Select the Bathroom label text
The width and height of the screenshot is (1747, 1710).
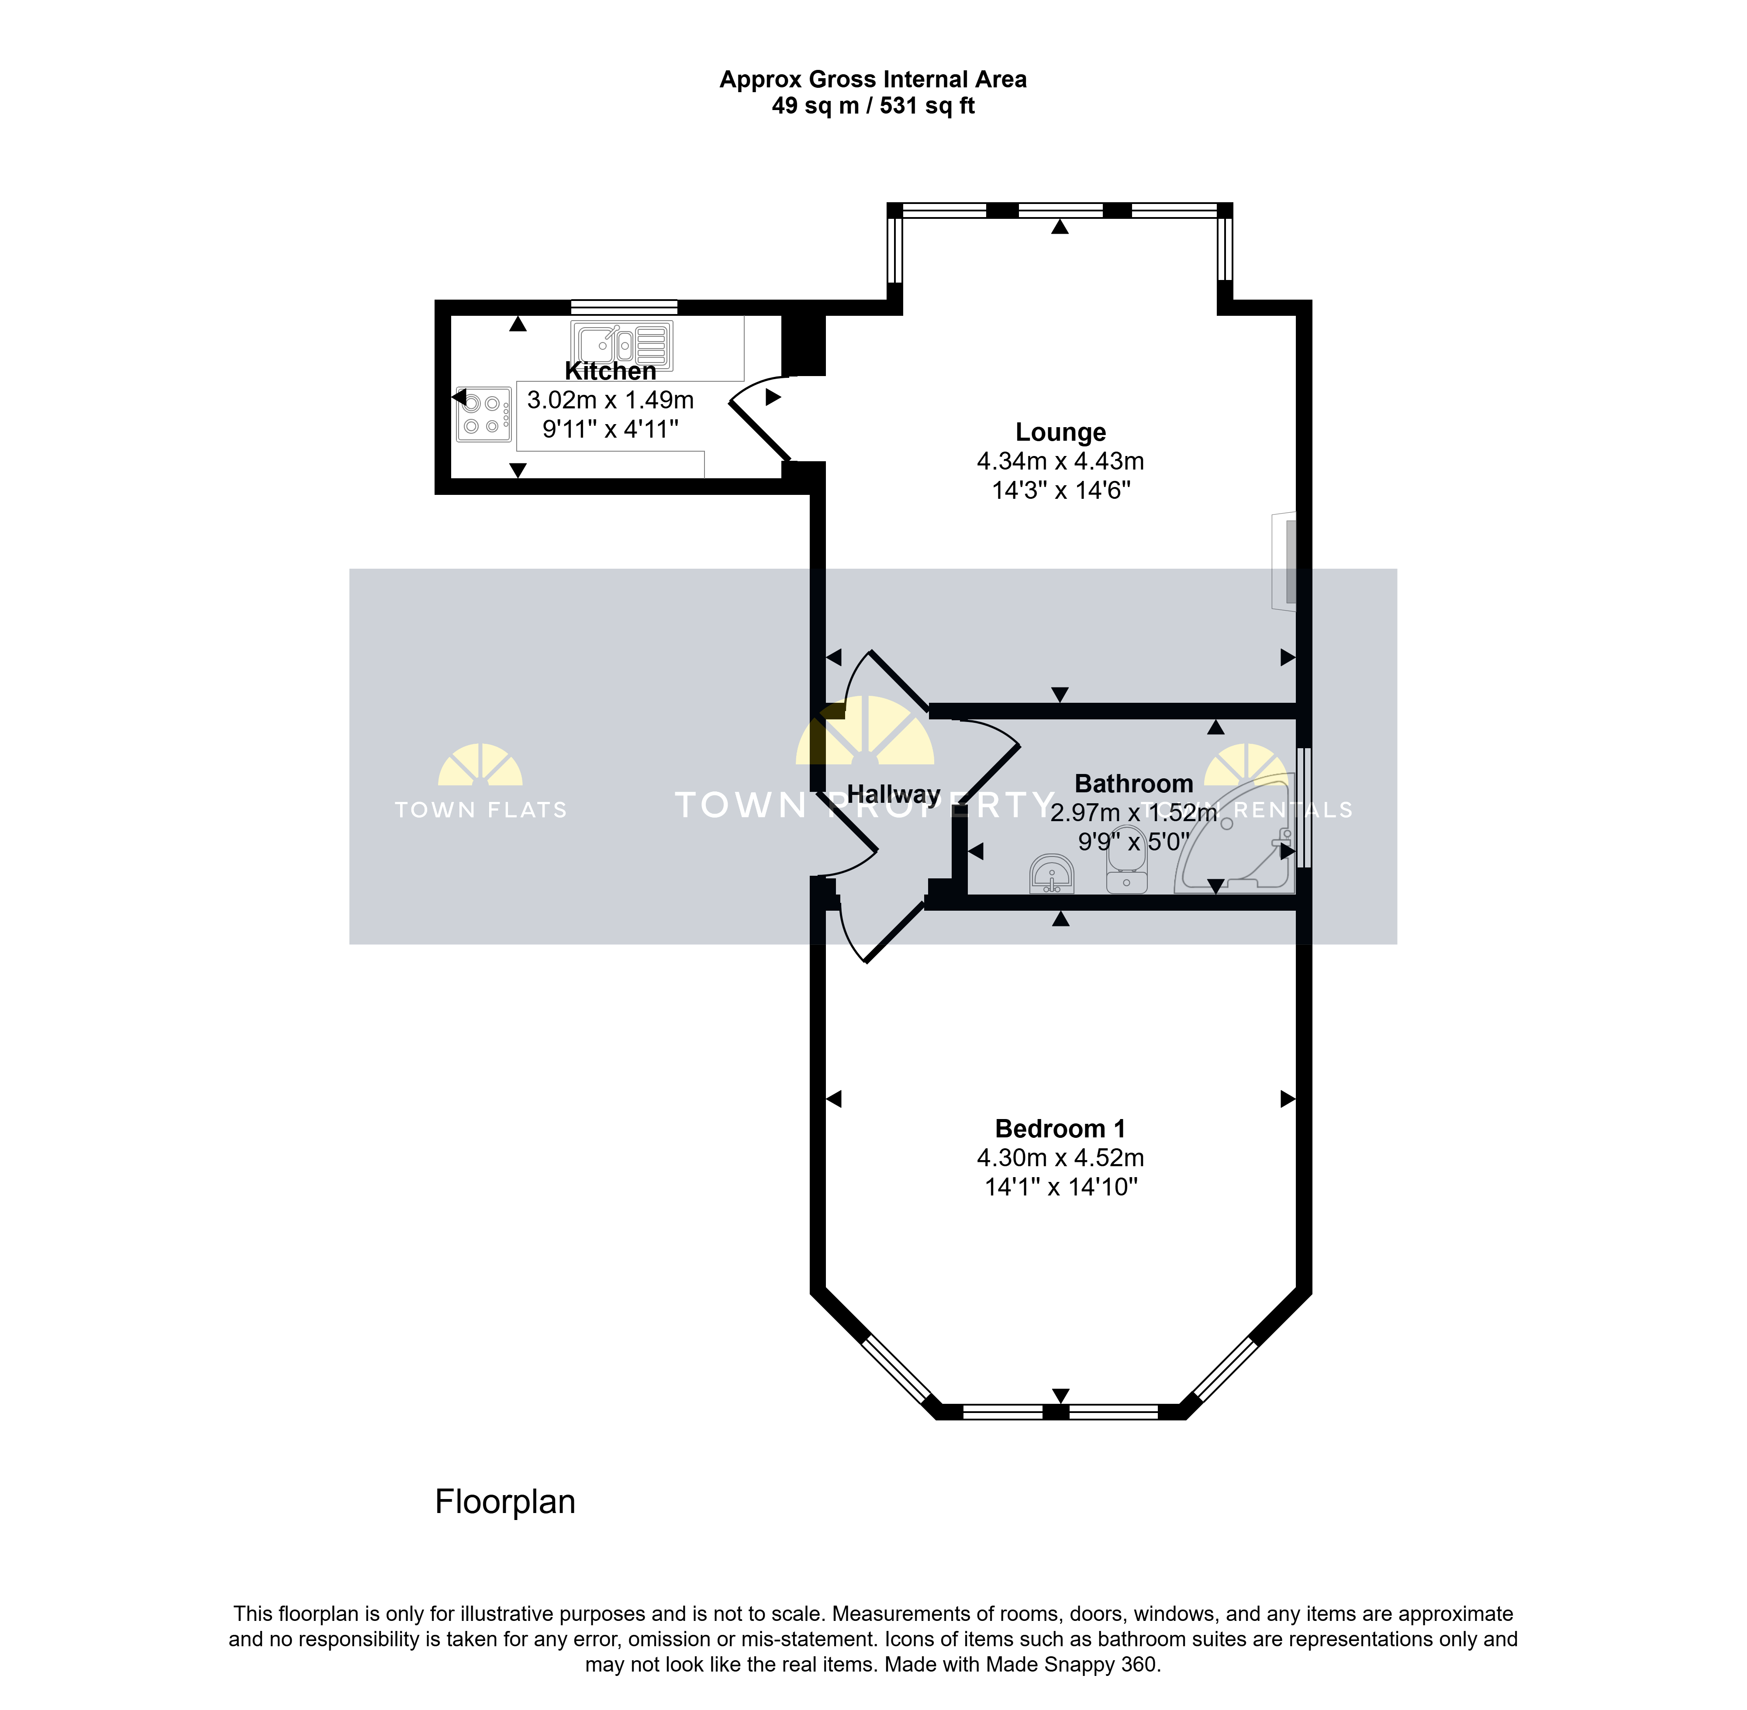1133,784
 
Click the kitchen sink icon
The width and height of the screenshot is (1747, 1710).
621,345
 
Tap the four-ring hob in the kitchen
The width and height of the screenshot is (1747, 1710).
483,414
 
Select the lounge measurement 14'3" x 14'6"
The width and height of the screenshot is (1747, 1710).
1061,491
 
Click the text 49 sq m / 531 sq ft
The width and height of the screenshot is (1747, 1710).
873,106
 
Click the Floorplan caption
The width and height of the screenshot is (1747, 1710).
505,1502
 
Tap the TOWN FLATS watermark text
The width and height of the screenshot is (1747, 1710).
481,810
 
